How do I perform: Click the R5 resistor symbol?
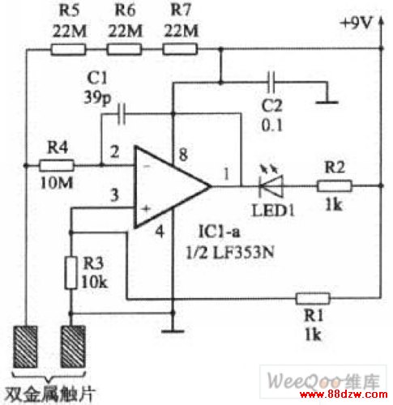point(68,50)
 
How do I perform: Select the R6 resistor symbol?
point(124,50)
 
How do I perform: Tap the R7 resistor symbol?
point(180,50)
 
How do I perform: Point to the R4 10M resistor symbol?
point(57,165)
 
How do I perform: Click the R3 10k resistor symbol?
point(70,273)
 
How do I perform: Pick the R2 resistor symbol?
point(335,186)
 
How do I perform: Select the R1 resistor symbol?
point(313,298)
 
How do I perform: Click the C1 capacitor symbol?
point(122,113)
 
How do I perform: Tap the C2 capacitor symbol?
point(271,82)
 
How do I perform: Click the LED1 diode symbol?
point(271,183)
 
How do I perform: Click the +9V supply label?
point(357,23)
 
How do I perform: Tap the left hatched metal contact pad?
point(26,347)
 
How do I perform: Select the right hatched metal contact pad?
point(74,347)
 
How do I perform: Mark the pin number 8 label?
point(183,155)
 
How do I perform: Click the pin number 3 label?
point(114,195)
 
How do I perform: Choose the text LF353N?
point(243,253)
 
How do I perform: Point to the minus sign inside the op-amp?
point(147,166)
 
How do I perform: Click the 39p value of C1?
point(97,98)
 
